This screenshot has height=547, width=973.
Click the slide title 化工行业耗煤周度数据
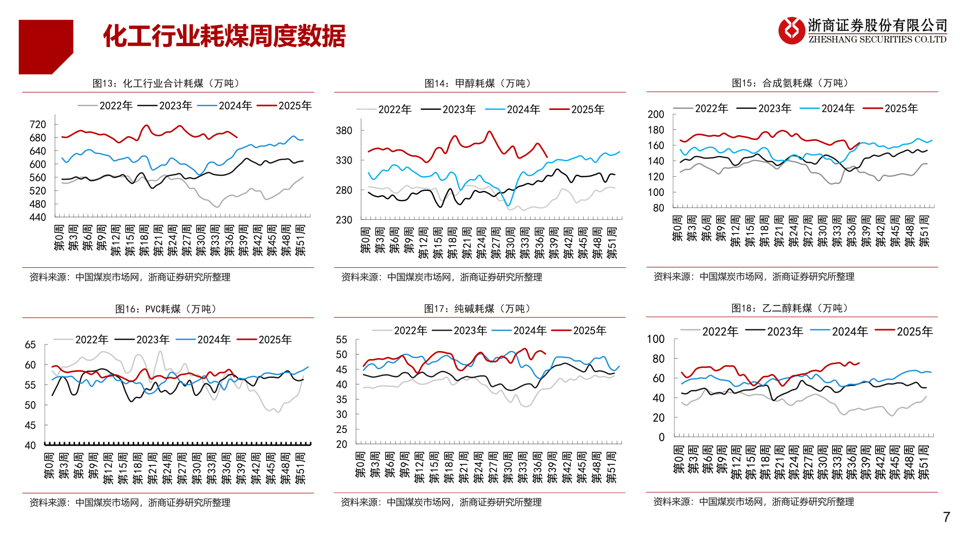click(224, 36)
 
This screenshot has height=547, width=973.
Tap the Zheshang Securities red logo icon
click(791, 30)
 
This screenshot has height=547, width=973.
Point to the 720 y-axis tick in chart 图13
click(38, 125)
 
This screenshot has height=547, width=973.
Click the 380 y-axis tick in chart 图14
click(344, 131)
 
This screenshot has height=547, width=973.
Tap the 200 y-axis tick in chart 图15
click(656, 114)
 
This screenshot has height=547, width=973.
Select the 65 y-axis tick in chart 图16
click(30, 345)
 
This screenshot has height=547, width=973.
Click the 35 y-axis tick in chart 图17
click(342, 400)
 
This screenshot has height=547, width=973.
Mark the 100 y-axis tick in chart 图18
click(656, 339)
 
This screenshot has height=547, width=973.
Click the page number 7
click(946, 517)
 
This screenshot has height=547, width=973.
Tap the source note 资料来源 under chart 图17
click(441, 502)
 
